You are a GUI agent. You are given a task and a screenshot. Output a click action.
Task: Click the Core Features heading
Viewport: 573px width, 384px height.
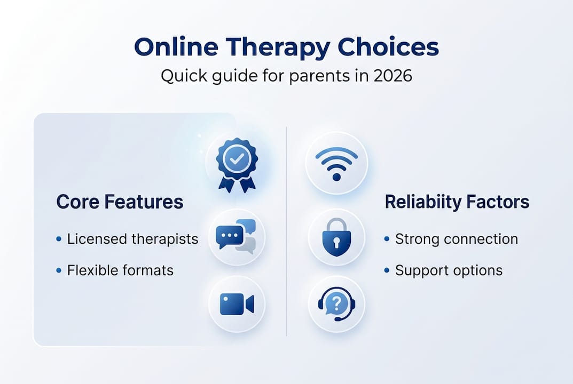pos(120,202)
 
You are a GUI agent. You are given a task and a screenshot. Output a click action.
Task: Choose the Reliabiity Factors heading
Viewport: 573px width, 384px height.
pos(457,202)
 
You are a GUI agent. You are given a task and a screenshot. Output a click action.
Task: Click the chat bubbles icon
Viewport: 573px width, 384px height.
pos(236,237)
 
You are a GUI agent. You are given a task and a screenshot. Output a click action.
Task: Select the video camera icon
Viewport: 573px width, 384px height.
pos(237,304)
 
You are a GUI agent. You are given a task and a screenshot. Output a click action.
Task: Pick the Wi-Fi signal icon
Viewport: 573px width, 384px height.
pos(336,162)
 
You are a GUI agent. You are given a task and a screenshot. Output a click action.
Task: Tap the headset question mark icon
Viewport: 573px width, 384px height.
pos(336,305)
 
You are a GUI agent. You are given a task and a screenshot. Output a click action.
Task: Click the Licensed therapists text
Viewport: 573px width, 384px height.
pos(132,239)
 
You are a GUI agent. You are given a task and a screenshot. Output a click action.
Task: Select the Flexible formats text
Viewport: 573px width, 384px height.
pos(120,270)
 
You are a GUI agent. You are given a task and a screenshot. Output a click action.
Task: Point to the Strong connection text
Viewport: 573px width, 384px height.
pos(456,239)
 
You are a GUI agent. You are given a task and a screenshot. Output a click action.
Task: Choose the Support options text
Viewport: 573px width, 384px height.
pos(449,270)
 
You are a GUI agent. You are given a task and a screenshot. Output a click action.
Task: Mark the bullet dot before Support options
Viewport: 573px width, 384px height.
pos(387,271)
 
